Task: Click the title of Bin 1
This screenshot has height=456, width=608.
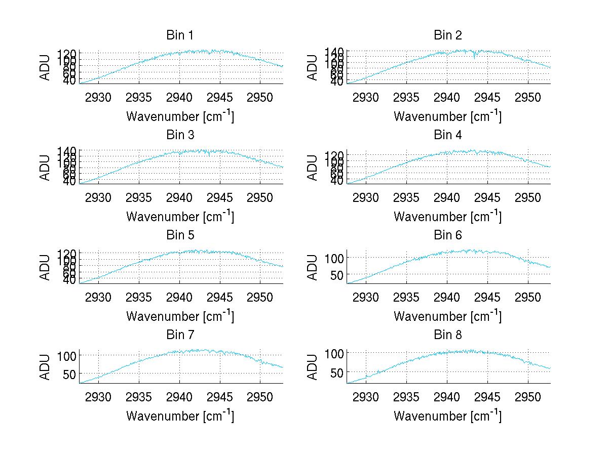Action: pos(179,35)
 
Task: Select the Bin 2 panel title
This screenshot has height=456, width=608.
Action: pos(447,35)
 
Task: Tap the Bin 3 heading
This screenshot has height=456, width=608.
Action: pos(179,135)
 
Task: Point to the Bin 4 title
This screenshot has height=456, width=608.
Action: pos(447,135)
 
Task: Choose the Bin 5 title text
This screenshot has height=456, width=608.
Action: pos(179,235)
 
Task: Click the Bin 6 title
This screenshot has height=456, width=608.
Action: pos(447,235)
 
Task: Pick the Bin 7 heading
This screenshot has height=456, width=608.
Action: pos(179,335)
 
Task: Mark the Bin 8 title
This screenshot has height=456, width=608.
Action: pos(447,335)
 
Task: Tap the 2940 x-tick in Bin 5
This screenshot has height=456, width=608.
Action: pos(179,297)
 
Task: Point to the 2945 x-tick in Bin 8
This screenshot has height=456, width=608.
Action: pos(487,397)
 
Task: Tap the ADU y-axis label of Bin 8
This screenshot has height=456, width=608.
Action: pos(313,367)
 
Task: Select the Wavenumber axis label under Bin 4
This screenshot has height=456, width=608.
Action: pos(447,216)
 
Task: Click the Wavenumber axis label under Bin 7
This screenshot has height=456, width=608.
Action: pos(179,416)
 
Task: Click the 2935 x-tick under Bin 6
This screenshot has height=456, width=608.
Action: pos(406,297)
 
